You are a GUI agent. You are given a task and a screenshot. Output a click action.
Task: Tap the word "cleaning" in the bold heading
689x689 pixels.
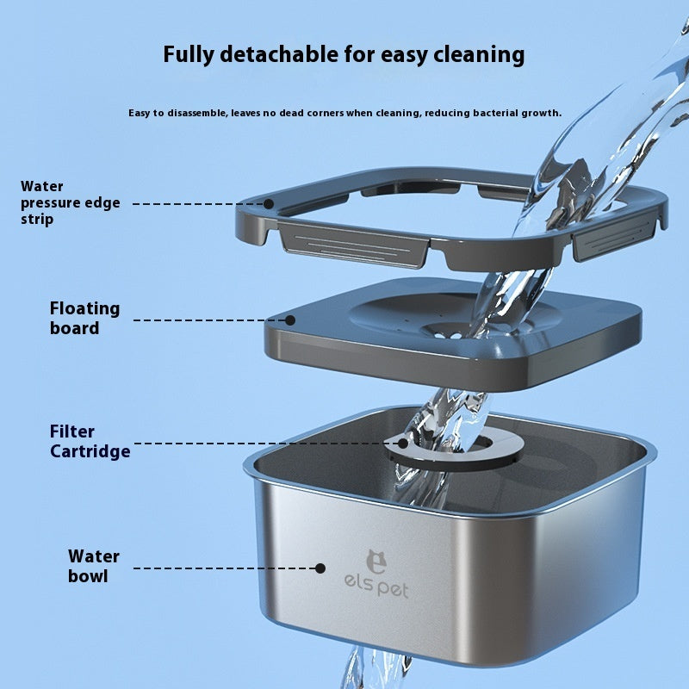coord(472,55)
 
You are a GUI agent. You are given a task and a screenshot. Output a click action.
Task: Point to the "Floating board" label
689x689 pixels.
coord(84,318)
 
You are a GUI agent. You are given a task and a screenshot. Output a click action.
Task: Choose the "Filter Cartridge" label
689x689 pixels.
coord(90,441)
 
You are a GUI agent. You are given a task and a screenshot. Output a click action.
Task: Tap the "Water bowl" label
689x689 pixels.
coord(93,566)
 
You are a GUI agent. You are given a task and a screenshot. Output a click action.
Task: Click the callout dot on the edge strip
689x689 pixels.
coord(269,204)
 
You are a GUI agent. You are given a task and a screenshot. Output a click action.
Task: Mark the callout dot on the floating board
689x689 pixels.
coord(291,320)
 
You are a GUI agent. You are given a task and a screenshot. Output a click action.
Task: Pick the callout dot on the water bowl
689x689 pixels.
coord(320,568)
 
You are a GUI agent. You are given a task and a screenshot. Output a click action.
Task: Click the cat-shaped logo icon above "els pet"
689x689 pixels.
coord(376,562)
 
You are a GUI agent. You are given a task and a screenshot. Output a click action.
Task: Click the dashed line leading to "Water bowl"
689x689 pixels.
coord(224,568)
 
